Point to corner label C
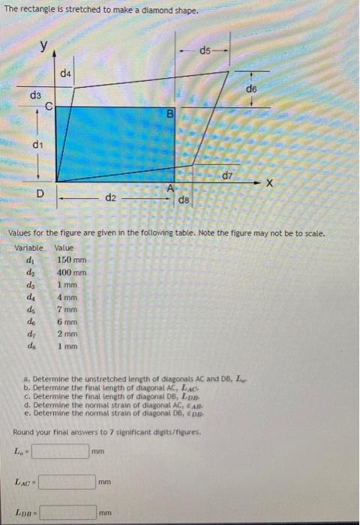49,106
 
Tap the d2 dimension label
110,198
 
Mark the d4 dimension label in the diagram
66,73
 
